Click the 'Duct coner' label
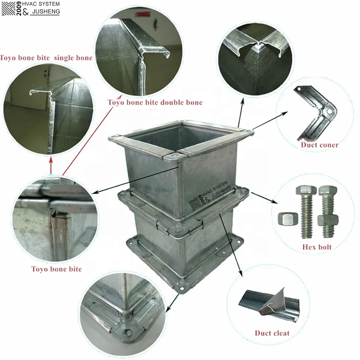pyautogui.click(x=320, y=145)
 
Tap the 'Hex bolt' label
pyautogui.click(x=317, y=247)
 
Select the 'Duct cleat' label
pyautogui.click(x=272, y=333)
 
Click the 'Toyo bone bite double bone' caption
pyautogui.click(x=155, y=103)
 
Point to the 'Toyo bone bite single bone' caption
pyautogui.click(x=46, y=58)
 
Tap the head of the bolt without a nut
pyautogui.click(x=306, y=191)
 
